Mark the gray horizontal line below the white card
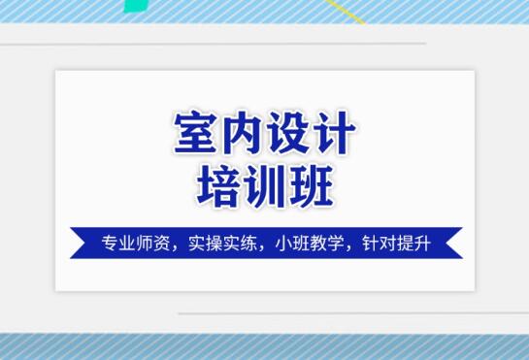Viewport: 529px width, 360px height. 349,313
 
